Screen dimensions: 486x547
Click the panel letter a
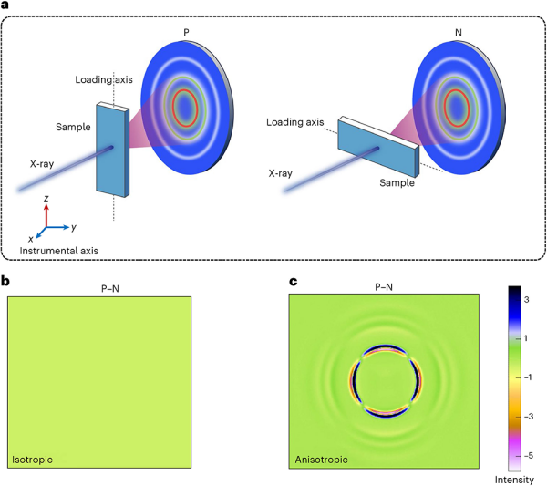6,7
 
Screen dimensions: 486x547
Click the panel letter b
6,284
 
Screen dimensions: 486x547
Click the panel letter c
292,284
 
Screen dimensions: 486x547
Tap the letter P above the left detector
188,33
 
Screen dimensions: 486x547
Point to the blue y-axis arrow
59,226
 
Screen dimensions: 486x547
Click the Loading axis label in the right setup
295,120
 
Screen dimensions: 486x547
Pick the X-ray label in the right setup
287,171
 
